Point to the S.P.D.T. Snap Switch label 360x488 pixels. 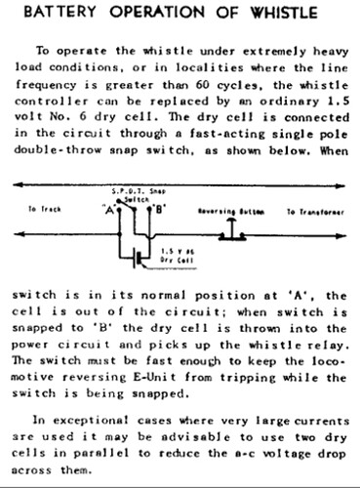(x=137, y=191)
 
